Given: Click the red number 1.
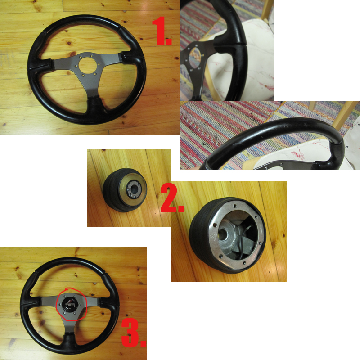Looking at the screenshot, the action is click(x=162, y=31).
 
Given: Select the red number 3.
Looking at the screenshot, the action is click(x=133, y=333).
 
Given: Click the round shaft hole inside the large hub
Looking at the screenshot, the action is click(x=223, y=234).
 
